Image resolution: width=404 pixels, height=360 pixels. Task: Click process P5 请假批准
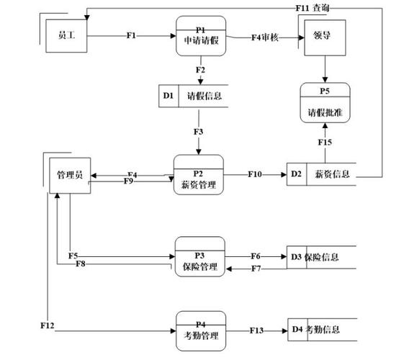pos(325,102)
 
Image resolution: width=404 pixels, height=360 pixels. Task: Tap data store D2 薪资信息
pos(321,174)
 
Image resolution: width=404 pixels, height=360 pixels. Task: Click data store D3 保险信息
pos(321,256)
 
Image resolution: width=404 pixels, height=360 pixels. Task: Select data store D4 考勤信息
pos(321,330)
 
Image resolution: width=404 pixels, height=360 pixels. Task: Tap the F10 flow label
pos(256,174)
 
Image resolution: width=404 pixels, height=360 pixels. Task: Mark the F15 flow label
pos(325,143)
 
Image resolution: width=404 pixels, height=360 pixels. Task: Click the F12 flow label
pos(48,326)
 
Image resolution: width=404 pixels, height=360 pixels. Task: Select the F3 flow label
pos(199,132)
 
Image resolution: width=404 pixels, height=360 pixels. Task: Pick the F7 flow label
pos(256,269)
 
